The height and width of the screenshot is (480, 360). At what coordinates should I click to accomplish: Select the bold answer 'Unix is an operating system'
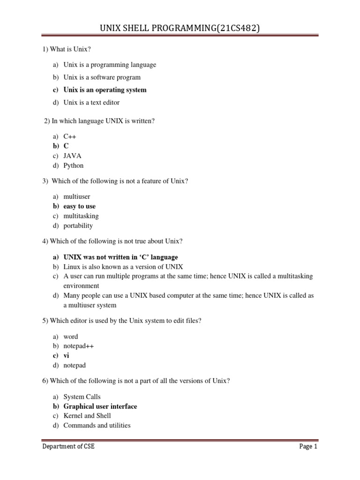(105, 90)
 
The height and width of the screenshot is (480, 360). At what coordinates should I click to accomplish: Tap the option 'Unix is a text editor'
(91, 102)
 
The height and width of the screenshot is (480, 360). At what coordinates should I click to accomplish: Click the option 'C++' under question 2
(69, 136)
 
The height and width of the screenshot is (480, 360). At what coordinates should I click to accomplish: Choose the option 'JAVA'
(73, 156)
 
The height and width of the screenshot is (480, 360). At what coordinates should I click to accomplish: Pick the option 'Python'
(74, 165)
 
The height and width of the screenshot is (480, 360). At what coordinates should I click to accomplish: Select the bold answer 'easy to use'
(79, 206)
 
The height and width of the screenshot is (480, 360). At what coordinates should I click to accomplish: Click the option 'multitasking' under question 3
(81, 216)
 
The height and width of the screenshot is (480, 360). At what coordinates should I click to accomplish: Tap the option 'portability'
(78, 225)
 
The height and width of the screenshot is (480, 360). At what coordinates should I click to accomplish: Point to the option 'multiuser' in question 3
(77, 197)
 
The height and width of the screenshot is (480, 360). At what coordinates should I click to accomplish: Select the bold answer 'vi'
(66, 356)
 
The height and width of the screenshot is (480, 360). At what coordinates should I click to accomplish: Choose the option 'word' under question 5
(71, 337)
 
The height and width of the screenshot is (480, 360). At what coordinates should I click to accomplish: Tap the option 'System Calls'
(82, 397)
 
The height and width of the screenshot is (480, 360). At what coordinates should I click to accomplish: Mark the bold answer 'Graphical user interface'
(100, 406)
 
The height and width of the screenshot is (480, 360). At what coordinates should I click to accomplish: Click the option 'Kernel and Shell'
(87, 416)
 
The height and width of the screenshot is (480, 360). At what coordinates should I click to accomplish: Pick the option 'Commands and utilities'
(97, 425)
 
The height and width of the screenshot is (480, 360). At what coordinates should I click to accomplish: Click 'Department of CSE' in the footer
(68, 447)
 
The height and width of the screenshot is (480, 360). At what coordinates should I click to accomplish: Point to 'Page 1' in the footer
(308, 447)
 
